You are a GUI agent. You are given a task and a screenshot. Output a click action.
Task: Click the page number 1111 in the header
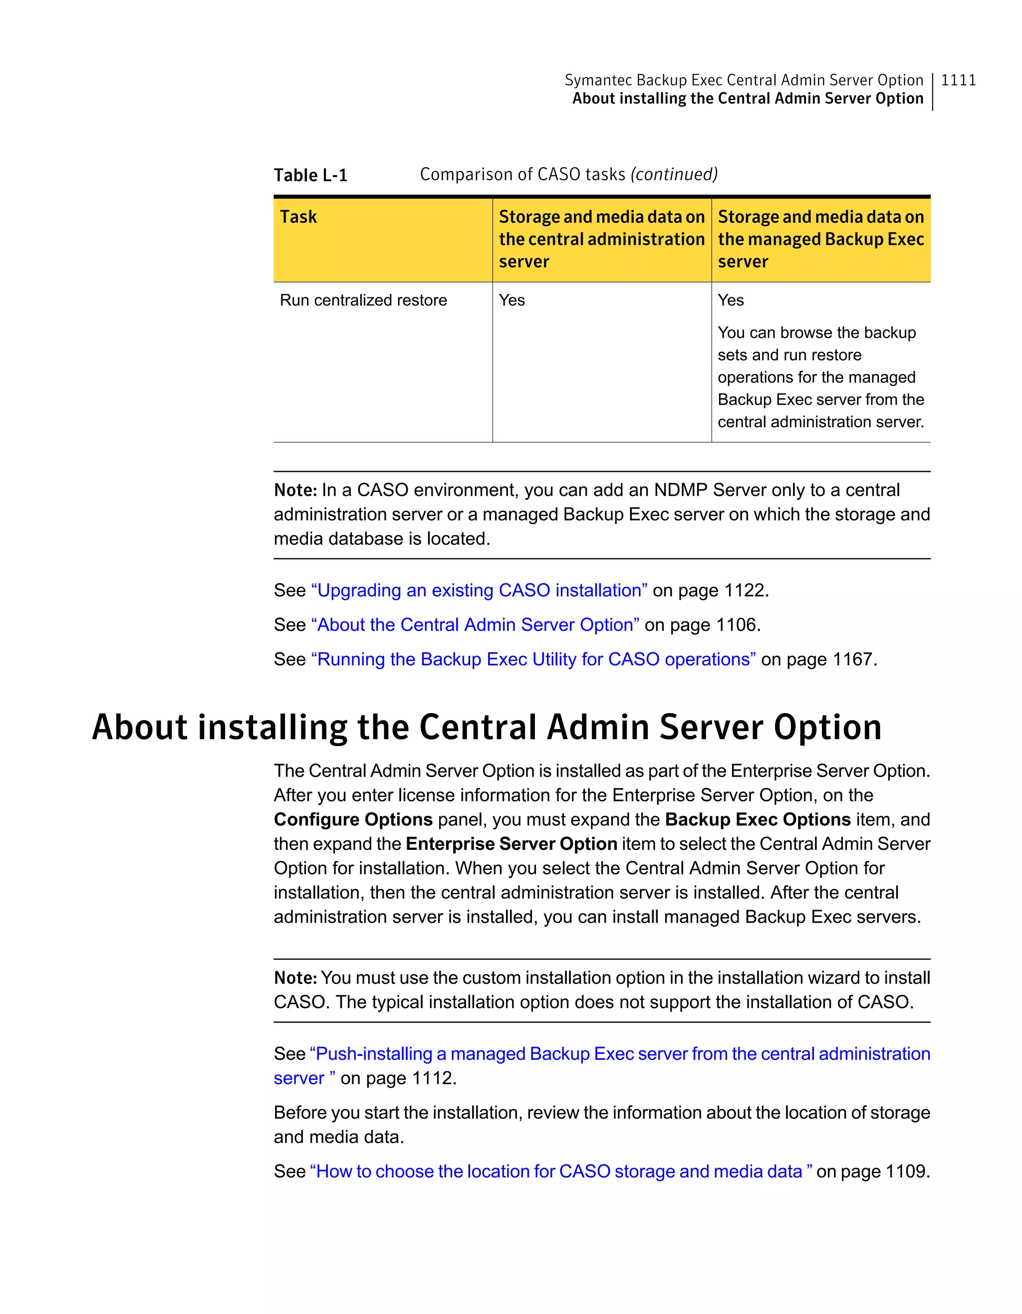point(958,80)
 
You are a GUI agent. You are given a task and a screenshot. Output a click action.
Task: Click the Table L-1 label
point(310,175)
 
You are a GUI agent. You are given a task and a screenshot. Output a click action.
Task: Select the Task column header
point(298,217)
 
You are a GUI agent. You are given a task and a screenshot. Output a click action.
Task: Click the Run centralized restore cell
point(363,300)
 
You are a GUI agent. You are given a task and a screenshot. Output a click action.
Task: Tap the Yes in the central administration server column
point(512,300)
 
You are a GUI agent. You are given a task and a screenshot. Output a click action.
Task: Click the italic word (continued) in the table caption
point(674,175)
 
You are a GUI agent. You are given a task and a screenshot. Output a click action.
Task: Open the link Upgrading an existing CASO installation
point(479,590)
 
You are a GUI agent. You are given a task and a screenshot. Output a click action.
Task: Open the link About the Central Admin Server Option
point(475,624)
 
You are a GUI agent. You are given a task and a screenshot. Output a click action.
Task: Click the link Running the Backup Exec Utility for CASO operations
point(533,659)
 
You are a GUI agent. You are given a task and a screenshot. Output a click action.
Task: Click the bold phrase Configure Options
point(353,819)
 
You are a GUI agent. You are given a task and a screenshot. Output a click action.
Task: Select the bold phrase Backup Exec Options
point(758,819)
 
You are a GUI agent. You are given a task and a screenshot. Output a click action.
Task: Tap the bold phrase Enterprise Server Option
point(511,844)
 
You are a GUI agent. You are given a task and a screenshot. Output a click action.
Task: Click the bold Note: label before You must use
point(295,978)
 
